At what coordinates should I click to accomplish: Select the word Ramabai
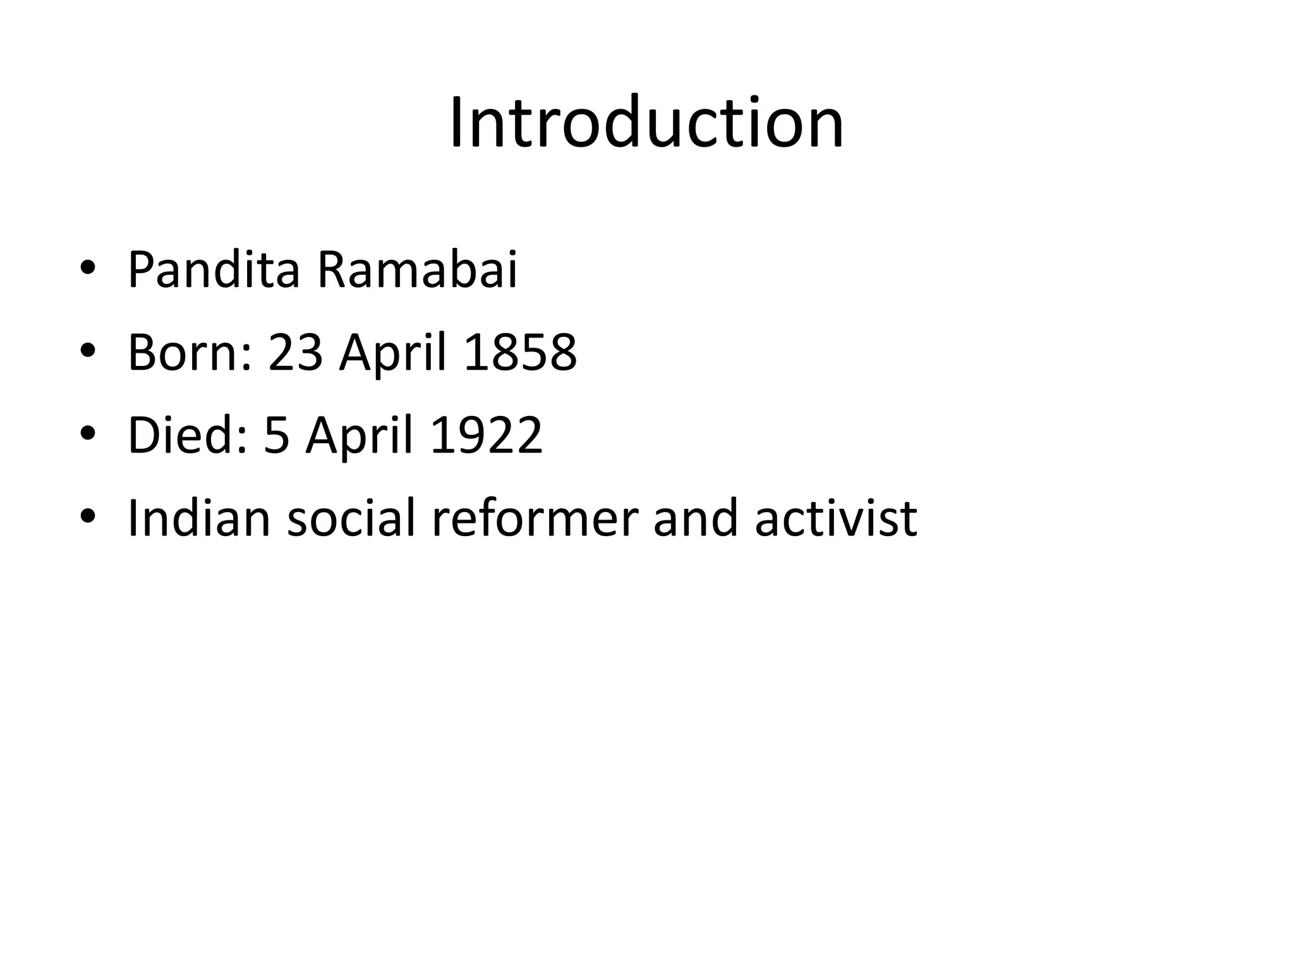(417, 270)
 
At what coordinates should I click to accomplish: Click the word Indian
(199, 518)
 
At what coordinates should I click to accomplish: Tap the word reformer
(535, 518)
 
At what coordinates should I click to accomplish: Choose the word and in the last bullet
(695, 518)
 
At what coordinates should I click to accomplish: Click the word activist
(835, 518)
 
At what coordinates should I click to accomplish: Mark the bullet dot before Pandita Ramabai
(87, 269)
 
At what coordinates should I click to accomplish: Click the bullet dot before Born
(87, 351)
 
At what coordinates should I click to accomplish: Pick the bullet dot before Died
(87, 434)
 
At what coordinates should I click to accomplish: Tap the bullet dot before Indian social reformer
(87, 517)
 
